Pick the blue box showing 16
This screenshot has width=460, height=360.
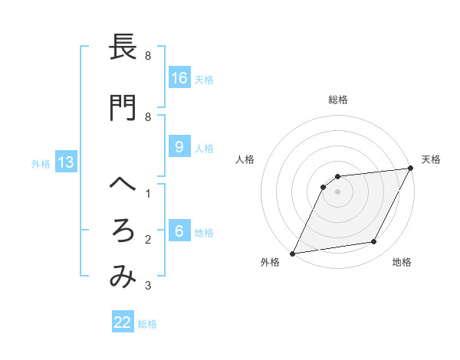179,78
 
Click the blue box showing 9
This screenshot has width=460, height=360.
179,147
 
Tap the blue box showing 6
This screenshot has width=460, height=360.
179,231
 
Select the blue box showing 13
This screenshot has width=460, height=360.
65,162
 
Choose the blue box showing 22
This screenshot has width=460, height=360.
123,322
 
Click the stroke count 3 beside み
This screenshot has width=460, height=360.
148,286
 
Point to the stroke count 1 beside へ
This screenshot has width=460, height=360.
148,194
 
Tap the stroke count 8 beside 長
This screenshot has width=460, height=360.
148,56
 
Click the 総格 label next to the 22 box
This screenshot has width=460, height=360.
147,324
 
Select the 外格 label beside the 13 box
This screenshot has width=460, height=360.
41,163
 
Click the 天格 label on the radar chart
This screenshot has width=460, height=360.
431,159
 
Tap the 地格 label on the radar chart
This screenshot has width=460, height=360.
402,263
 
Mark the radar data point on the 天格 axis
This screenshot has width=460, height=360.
411,168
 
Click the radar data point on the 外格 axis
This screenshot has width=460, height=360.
292,253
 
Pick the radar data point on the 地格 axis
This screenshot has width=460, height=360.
374,242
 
